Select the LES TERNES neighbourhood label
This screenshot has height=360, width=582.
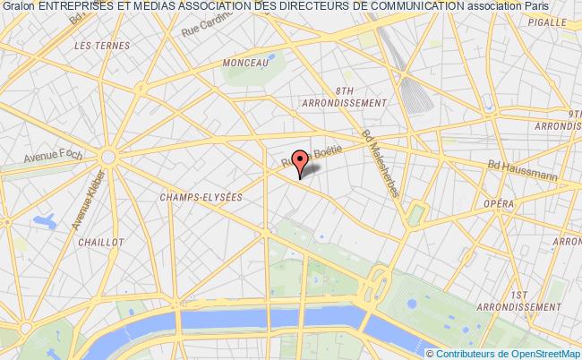coord(96,44)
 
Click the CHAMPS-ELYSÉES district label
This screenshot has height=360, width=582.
coord(200,198)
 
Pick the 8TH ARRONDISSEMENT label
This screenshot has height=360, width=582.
coord(345,97)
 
